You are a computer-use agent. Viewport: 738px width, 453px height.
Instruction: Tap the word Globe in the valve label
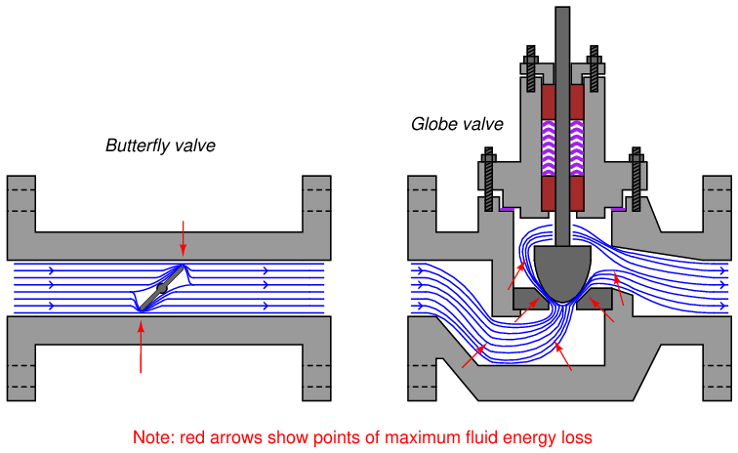[x=431, y=124]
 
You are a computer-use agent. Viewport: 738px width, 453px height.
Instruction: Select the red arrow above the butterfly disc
[x=183, y=240]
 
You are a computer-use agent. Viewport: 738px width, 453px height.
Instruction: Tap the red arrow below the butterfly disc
[x=141, y=347]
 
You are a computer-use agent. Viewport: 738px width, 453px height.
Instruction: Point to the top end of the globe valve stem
[x=561, y=12]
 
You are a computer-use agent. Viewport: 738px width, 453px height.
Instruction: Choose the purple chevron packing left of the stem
[x=547, y=147]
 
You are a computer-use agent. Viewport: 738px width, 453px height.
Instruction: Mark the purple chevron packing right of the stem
[x=577, y=147]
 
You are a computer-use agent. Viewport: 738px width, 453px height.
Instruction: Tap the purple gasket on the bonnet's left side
[x=507, y=208]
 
